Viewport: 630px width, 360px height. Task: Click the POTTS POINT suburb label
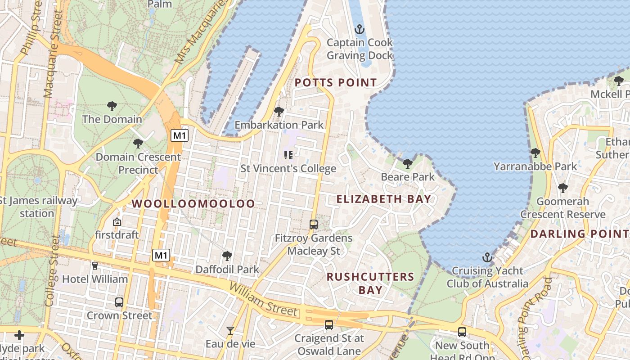(336, 83)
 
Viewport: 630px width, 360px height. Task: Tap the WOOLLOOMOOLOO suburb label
(193, 203)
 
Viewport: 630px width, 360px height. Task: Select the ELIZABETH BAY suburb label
(384, 198)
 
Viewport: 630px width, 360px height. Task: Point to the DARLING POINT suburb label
(580, 234)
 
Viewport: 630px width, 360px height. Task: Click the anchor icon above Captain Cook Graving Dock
(359, 30)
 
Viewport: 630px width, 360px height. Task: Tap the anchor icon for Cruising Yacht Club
(487, 257)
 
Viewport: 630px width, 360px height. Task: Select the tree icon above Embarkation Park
(279, 111)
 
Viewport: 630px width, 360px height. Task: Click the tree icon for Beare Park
(407, 164)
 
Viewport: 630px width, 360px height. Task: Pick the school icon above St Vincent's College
(288, 155)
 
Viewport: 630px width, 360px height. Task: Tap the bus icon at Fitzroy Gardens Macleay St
(314, 224)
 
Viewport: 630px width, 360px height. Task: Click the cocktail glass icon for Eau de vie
(230, 331)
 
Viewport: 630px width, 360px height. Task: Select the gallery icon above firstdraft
(117, 221)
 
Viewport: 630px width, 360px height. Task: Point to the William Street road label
(263, 300)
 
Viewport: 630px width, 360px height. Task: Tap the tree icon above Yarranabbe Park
(535, 153)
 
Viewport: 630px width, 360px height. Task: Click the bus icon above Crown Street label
(119, 302)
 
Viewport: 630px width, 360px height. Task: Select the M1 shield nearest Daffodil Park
(161, 256)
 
